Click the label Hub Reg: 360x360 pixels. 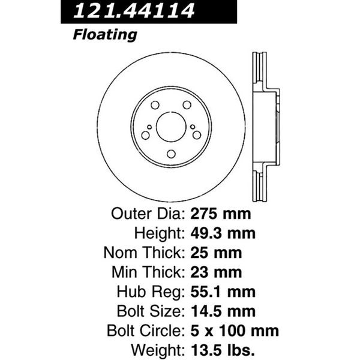coord(154,292)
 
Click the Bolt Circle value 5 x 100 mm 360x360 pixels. coord(235,331)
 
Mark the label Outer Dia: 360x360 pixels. coord(148,214)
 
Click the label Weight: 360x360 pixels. coord(157,350)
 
